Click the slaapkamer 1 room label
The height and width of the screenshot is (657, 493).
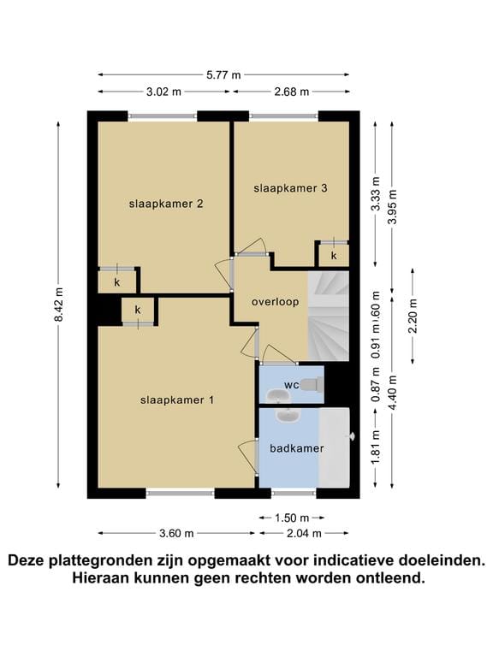tap(177, 400)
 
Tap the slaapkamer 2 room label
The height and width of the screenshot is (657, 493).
tap(165, 204)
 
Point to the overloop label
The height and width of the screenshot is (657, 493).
tap(274, 302)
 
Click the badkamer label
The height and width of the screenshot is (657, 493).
tap(290, 448)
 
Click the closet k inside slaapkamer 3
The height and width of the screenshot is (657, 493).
tap(334, 255)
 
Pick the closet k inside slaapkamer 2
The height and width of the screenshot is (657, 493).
tap(116, 281)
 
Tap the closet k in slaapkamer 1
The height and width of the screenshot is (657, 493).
tap(138, 309)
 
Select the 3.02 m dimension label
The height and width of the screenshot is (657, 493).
tap(163, 92)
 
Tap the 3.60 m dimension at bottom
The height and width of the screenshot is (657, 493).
tap(176, 533)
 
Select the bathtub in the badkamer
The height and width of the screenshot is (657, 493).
tap(335, 448)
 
